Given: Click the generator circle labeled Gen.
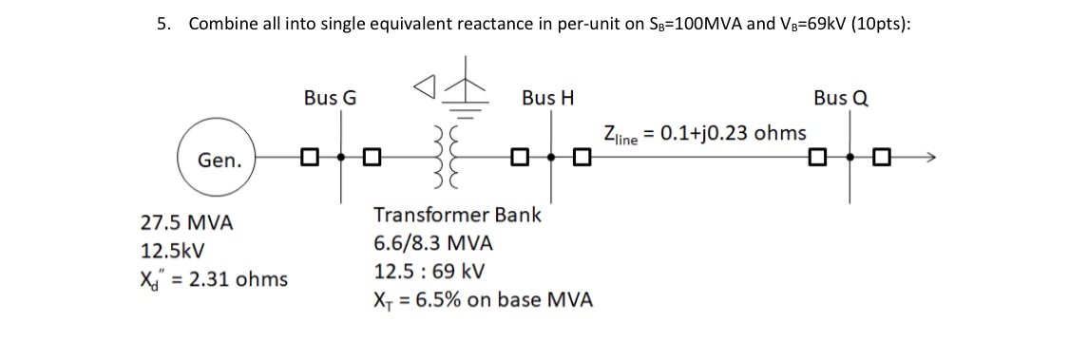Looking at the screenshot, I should [219, 159].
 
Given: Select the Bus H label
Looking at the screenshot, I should [547, 98].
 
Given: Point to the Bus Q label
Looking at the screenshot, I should [840, 98].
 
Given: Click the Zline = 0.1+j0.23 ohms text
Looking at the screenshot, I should [704, 133].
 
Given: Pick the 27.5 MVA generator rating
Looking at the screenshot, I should [186, 224].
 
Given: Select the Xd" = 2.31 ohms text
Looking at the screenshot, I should [214, 280].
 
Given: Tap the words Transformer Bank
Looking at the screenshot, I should [457, 215].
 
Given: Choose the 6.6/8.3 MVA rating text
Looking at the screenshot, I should [432, 243].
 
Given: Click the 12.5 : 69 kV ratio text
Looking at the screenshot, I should [430, 271].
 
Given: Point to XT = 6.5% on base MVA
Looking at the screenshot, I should [484, 300].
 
